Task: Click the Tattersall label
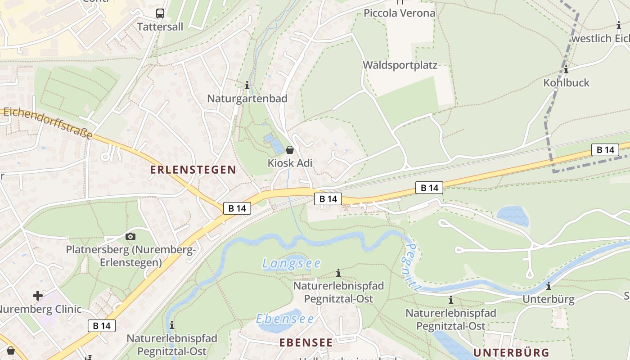pos(160,27)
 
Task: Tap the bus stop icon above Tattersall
pos(160,13)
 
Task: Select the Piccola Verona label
pos(399,13)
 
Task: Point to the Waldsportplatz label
pos(400,65)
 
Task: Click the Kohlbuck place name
pos(566,83)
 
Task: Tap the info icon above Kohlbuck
pos(566,70)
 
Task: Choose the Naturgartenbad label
pos(247,99)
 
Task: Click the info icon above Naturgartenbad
pos(247,85)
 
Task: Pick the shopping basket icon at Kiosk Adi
pos(290,149)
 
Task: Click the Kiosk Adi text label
pos(290,163)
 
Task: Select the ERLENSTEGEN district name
pos(193,170)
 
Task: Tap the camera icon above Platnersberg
pos(130,236)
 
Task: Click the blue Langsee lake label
pos(291,263)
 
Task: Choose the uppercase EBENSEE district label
pos(306,342)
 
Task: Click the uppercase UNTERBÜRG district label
pos(511,352)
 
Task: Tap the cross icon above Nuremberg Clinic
pos(38,296)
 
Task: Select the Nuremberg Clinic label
pos(40,309)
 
